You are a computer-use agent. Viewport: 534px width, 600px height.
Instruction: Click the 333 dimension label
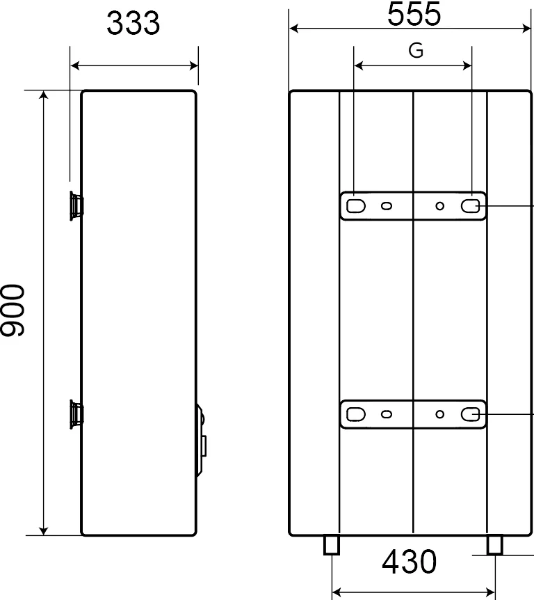click(133, 23)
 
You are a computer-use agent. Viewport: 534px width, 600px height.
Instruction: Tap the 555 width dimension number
click(414, 14)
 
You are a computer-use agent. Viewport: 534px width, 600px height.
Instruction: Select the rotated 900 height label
click(13, 310)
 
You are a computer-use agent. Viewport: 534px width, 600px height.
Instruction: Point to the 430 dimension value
click(409, 561)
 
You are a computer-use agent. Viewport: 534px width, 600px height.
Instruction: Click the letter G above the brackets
click(416, 51)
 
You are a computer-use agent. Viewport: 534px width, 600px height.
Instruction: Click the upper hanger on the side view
click(76, 206)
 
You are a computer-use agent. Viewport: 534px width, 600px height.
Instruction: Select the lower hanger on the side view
click(76, 414)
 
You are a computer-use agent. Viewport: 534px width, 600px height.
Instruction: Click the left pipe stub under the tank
click(332, 544)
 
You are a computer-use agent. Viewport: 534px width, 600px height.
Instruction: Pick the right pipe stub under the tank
click(494, 544)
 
